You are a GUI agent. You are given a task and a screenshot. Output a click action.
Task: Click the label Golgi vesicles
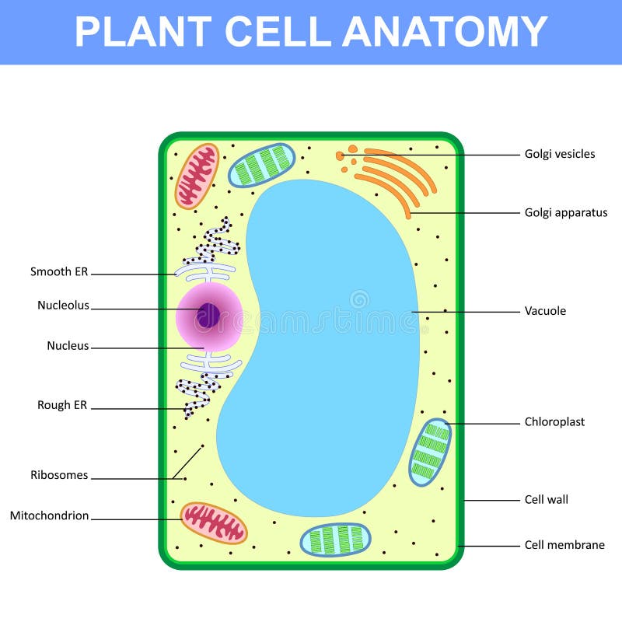tap(560, 154)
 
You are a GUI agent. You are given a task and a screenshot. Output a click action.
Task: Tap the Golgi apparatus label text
tap(566, 212)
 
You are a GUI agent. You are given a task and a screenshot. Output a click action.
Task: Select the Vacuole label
tap(545, 311)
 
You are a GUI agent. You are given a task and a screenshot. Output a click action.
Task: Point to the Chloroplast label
tap(554, 422)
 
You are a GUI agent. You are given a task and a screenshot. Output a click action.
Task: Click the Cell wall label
tap(547, 499)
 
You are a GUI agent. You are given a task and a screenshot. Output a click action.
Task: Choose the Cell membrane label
tap(564, 545)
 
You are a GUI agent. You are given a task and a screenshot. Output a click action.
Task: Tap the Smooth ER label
tap(59, 272)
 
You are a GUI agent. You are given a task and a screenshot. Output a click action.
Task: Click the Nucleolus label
tap(63, 306)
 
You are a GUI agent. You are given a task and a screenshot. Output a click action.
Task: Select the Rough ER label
tap(62, 405)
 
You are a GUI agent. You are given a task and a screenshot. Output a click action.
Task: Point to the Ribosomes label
tap(59, 475)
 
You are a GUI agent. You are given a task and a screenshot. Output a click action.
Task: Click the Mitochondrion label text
tap(49, 515)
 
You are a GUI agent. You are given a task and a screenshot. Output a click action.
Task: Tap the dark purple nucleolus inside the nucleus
tap(208, 315)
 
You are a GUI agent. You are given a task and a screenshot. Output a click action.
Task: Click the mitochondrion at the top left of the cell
tap(197, 176)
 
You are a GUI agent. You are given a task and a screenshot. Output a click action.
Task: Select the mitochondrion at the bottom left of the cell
tap(214, 522)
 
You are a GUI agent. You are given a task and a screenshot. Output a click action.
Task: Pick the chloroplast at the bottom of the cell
tap(335, 540)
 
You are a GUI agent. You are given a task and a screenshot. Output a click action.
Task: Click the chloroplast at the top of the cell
tap(262, 165)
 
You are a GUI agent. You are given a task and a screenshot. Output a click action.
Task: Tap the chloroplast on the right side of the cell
tap(430, 452)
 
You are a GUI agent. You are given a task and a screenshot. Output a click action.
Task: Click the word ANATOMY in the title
tap(445, 32)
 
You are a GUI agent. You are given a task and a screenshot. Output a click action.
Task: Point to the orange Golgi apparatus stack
tap(397, 179)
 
